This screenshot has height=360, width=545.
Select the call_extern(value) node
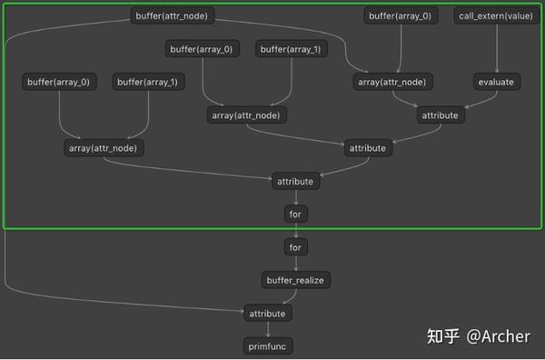[495, 16]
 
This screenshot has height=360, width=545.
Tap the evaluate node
[495, 82]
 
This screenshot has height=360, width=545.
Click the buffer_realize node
[294, 280]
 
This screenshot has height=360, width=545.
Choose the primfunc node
[267, 345]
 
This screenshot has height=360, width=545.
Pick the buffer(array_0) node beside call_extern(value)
[399, 16]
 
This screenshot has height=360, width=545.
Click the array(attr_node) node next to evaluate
[391, 82]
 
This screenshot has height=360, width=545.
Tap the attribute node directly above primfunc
[267, 313]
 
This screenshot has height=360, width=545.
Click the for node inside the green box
[294, 214]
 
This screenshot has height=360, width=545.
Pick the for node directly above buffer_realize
[294, 246]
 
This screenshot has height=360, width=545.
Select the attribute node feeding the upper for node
[294, 181]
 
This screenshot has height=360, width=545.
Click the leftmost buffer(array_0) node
[59, 82]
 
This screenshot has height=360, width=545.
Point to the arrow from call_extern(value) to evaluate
[495, 49]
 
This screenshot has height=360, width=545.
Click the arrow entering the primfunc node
[267, 329]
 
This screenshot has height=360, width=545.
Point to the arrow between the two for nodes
[294, 230]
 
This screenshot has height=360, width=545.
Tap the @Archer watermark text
[498, 335]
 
